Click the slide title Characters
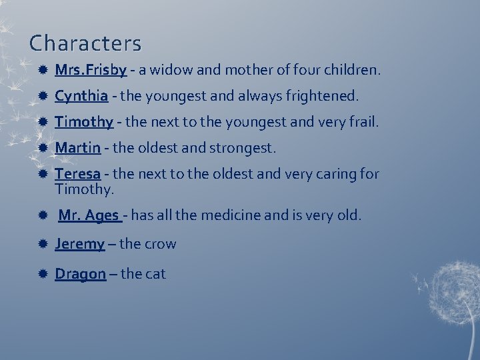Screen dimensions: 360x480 [85, 43]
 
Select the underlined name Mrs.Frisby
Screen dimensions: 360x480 [91, 69]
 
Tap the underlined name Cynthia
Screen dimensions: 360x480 [81, 96]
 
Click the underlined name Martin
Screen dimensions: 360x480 [77, 147]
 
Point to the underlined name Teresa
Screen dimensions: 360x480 [77, 174]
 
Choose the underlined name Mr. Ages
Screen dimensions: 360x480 [89, 215]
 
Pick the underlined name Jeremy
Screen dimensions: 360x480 [79, 244]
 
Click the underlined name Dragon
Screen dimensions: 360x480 [80, 273]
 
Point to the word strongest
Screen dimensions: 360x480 [243, 147]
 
